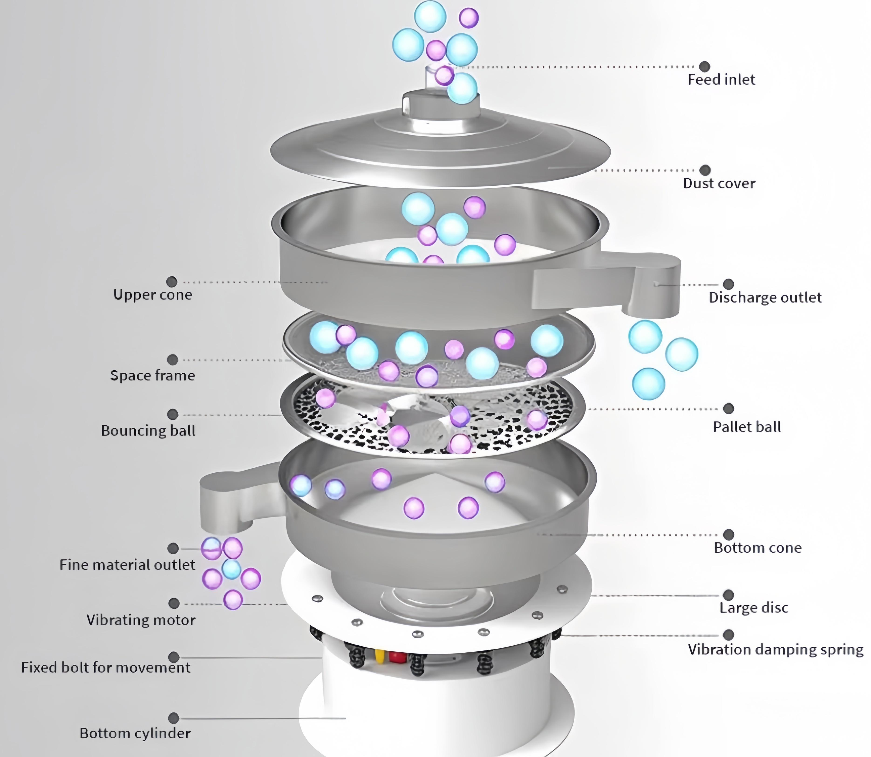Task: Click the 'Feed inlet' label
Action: click(x=721, y=79)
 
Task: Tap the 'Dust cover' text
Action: click(x=719, y=183)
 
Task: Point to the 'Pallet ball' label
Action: click(x=746, y=427)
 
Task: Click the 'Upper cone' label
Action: click(x=153, y=294)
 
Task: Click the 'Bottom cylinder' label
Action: click(x=135, y=733)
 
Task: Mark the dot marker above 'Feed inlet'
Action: click(x=704, y=66)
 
